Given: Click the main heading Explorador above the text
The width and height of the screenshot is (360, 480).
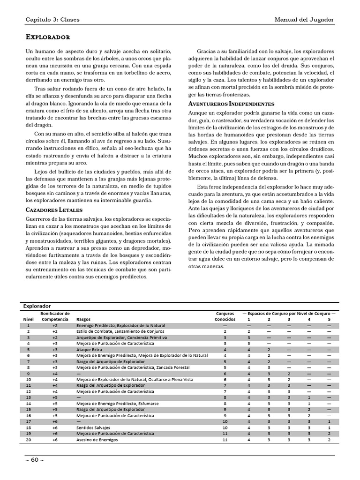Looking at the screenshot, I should [47, 37].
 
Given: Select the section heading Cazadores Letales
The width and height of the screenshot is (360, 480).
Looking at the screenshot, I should [54, 210].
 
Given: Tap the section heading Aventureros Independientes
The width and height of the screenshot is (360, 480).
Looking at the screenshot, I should [231, 103].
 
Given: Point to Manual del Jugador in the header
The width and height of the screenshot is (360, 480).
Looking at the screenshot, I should [304, 19].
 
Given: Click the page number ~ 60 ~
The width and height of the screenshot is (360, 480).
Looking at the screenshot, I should [35, 459].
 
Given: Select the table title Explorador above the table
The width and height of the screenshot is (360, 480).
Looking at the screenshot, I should [37, 306].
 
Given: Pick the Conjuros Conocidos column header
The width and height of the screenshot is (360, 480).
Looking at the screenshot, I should [225, 316].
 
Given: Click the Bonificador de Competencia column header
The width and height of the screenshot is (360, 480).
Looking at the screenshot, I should [55, 316].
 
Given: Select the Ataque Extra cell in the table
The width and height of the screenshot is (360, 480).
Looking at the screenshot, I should [89, 349].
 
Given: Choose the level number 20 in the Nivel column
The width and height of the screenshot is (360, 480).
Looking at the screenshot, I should [29, 440].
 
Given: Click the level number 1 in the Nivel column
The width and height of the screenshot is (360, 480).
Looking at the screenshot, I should [29, 325].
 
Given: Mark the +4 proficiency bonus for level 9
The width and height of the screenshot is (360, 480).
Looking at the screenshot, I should [55, 374].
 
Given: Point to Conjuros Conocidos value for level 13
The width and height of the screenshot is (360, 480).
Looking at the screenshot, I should [225, 397].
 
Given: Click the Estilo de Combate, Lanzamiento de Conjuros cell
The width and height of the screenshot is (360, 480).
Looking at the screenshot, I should [117, 331].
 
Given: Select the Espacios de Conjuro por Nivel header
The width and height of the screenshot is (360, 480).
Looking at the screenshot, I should [289, 313].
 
